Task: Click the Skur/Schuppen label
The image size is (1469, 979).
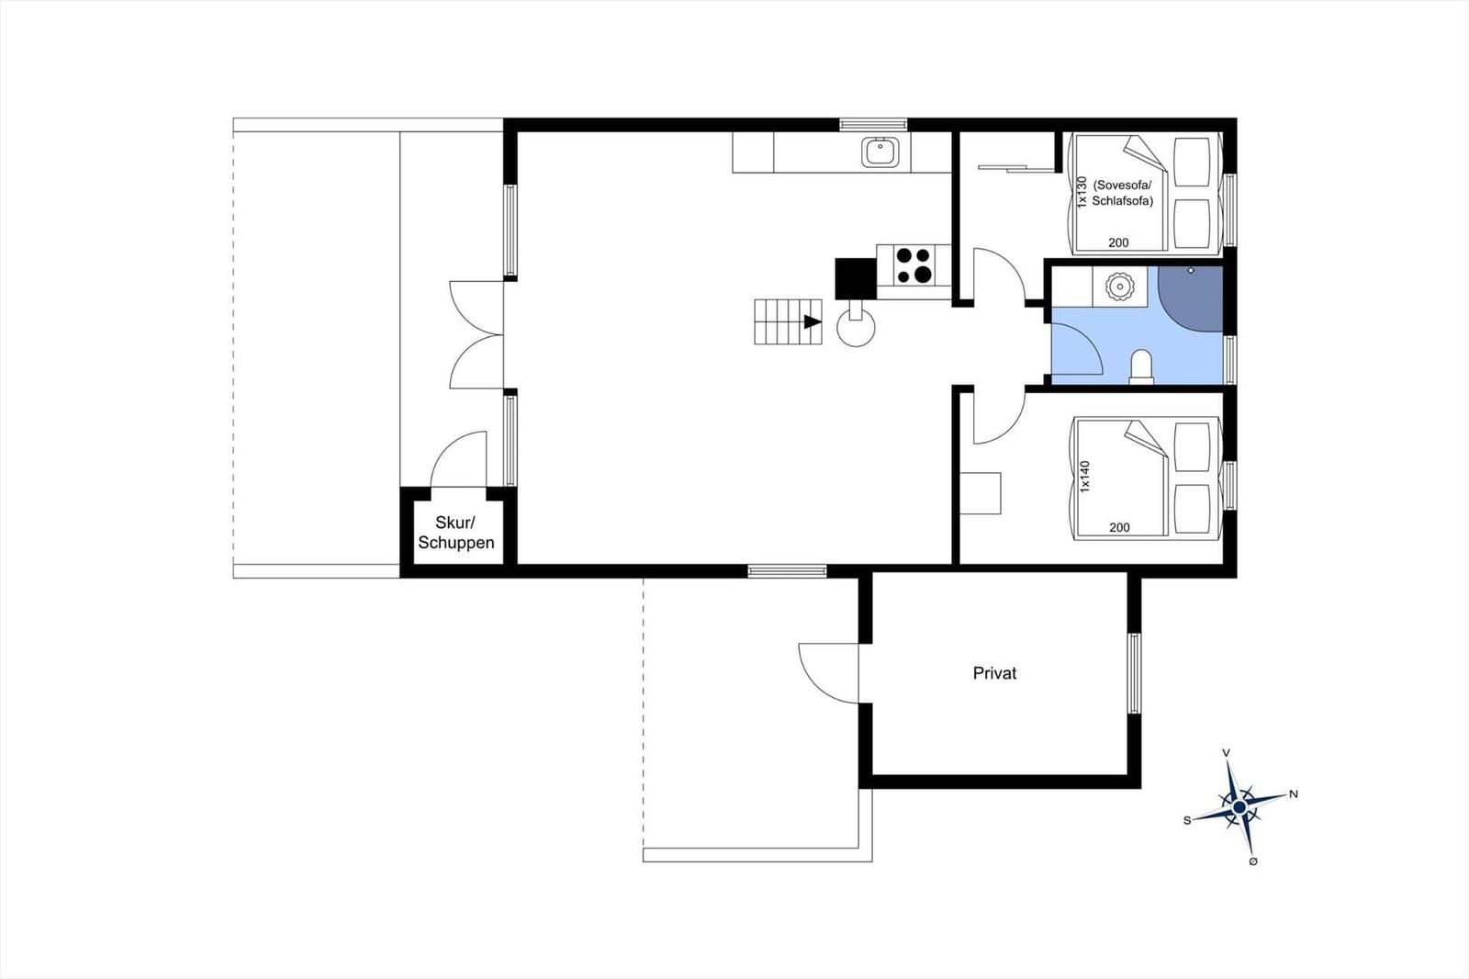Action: click(x=455, y=532)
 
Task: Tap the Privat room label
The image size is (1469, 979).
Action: click(x=994, y=673)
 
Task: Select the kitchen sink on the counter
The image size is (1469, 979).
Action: click(x=881, y=152)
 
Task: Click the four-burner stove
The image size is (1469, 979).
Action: click(x=914, y=265)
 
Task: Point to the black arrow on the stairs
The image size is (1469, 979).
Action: click(x=813, y=321)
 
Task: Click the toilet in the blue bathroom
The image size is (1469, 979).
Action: click(x=1141, y=366)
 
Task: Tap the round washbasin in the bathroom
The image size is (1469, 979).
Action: click(x=1119, y=287)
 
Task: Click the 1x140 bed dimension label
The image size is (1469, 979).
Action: click(x=1084, y=477)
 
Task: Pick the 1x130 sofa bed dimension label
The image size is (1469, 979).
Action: click(x=1082, y=192)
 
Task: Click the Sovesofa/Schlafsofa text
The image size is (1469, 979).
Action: click(x=1122, y=193)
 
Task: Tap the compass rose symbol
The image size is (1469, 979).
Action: click(x=1239, y=806)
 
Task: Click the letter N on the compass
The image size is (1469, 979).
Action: click(x=1294, y=794)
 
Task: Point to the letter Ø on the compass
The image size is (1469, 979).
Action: click(x=1253, y=861)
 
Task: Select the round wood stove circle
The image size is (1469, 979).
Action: click(x=856, y=328)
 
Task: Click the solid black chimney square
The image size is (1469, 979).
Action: click(x=856, y=279)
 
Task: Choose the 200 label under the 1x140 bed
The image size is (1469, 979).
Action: click(x=1119, y=527)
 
